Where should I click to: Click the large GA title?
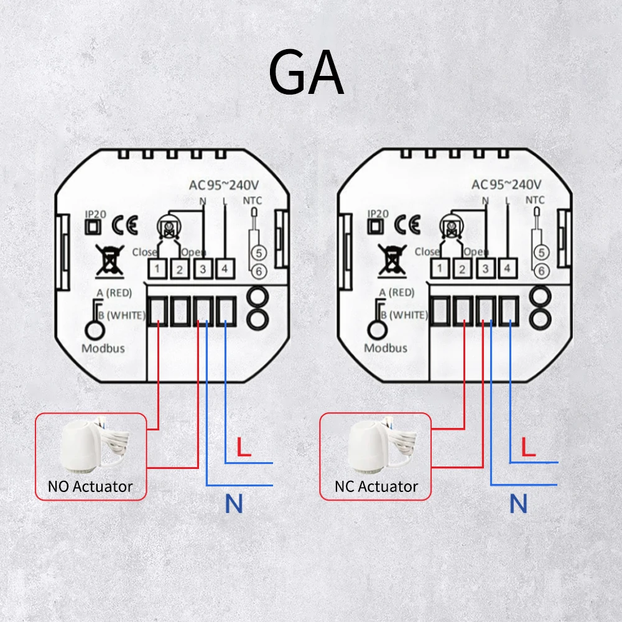pos(306,73)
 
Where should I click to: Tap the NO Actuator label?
pos(90,486)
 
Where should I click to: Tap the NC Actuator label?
pos(376,486)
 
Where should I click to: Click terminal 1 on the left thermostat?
pos(159,270)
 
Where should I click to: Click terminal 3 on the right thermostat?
pos(485,269)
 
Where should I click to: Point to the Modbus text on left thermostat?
pos(103,348)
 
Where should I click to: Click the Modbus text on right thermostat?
pos(386,348)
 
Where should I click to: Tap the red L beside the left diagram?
pos(244,448)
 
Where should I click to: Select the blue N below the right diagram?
pos(518,504)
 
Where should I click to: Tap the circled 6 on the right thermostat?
pos(541,271)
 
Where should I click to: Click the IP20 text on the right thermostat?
pos(378,213)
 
